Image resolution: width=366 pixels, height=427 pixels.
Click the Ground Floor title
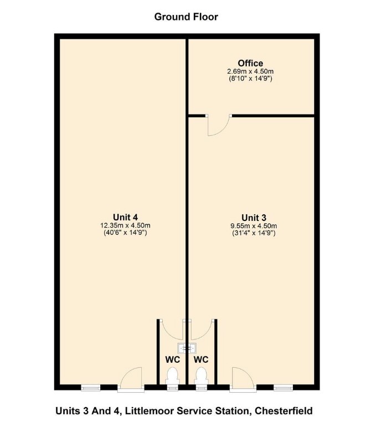click(186, 17)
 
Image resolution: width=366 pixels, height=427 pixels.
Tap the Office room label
click(250, 63)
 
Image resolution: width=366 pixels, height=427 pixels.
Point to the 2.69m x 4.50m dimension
click(250, 71)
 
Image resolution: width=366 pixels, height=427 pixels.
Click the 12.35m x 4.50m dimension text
click(125, 225)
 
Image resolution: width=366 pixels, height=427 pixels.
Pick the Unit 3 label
click(254, 217)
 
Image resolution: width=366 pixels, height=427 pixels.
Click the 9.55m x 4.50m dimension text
click(254, 225)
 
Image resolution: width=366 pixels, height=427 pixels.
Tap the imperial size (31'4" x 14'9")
click(254, 233)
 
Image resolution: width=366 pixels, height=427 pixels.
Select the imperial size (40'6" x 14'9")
click(125, 233)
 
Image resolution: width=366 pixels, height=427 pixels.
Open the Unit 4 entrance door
click(131, 380)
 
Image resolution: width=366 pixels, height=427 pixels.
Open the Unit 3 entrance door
click(243, 380)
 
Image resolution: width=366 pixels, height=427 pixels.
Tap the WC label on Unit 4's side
click(173, 359)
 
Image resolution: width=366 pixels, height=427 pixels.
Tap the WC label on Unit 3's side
click(201, 359)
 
